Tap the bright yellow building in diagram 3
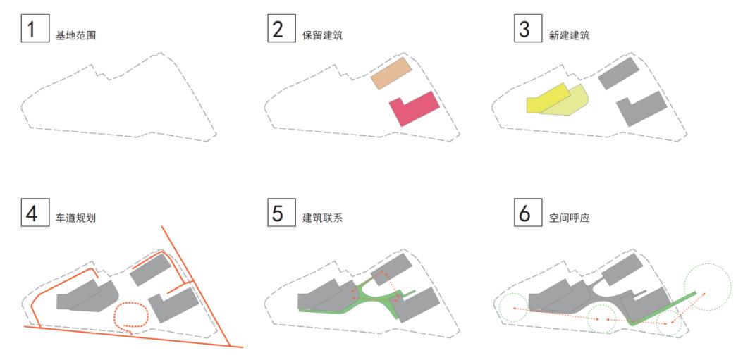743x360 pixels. click(x=544, y=99)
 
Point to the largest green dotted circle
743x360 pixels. click(x=710, y=284)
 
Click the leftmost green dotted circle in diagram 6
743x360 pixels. click(x=510, y=309)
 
